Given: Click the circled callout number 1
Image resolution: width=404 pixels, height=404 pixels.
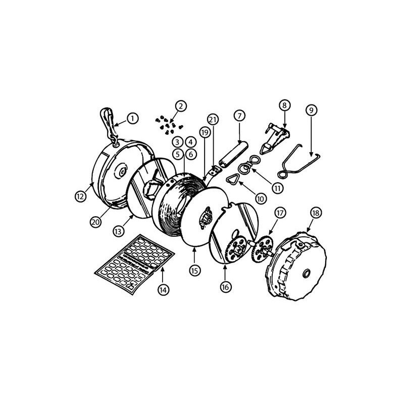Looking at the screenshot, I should (x=132, y=119).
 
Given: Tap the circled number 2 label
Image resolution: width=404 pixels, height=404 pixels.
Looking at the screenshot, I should (x=181, y=106).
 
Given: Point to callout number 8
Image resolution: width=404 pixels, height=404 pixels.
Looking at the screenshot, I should (x=284, y=106).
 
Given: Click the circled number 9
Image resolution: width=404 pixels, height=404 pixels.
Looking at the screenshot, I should (x=311, y=109).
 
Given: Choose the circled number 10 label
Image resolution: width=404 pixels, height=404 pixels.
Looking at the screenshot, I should (x=261, y=199).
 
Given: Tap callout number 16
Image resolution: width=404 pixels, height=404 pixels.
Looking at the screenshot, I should (x=225, y=286).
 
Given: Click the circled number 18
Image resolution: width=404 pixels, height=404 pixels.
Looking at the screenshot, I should (x=316, y=213).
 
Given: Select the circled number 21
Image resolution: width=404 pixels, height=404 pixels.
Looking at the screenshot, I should (x=213, y=119).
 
